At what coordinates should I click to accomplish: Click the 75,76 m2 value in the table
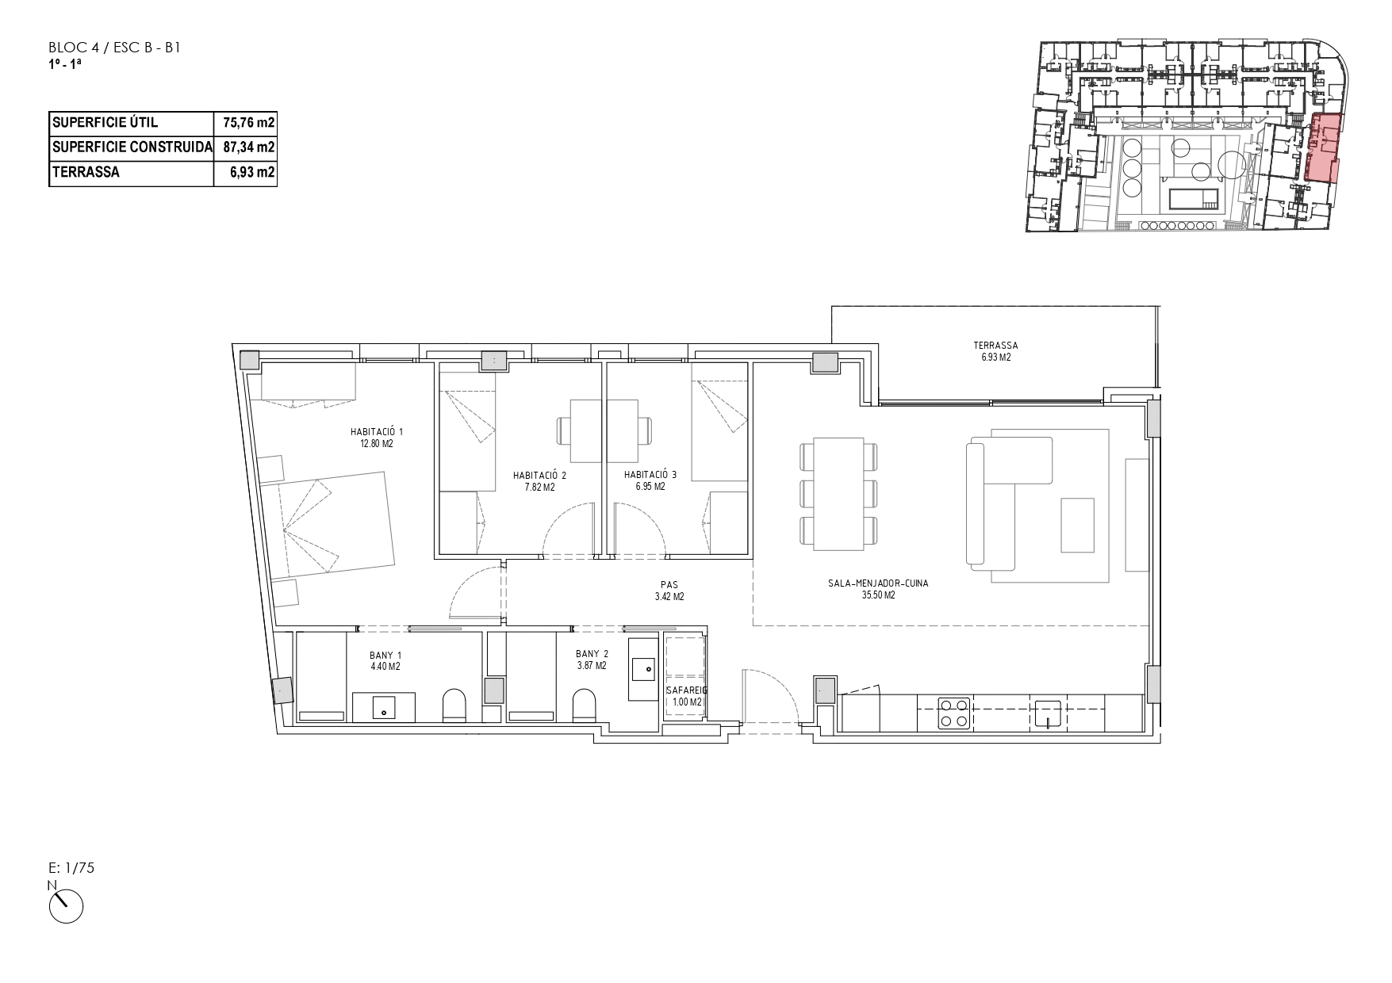[249, 122]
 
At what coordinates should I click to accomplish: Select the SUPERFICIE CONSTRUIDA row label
[132, 147]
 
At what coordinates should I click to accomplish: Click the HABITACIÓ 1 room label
[377, 432]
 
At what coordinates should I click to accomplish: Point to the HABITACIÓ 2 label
[540, 476]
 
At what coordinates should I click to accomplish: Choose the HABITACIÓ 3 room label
[650, 475]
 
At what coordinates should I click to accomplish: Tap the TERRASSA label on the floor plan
[995, 346]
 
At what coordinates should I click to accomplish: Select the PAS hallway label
[669, 586]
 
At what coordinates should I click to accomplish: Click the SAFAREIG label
[686, 690]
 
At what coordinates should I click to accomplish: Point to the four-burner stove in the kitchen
[953, 712]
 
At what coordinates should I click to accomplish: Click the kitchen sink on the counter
[1047, 713]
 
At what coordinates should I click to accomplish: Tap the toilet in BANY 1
[454, 705]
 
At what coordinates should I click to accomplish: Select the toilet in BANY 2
[584, 705]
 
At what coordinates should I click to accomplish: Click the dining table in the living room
[839, 493]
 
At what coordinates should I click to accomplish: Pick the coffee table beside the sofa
[1078, 525]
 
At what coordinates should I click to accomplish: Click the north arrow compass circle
[66, 905]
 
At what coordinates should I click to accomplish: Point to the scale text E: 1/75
[71, 868]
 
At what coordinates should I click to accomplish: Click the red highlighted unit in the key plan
[1323, 148]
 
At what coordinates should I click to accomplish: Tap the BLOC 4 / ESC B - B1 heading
[116, 48]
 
